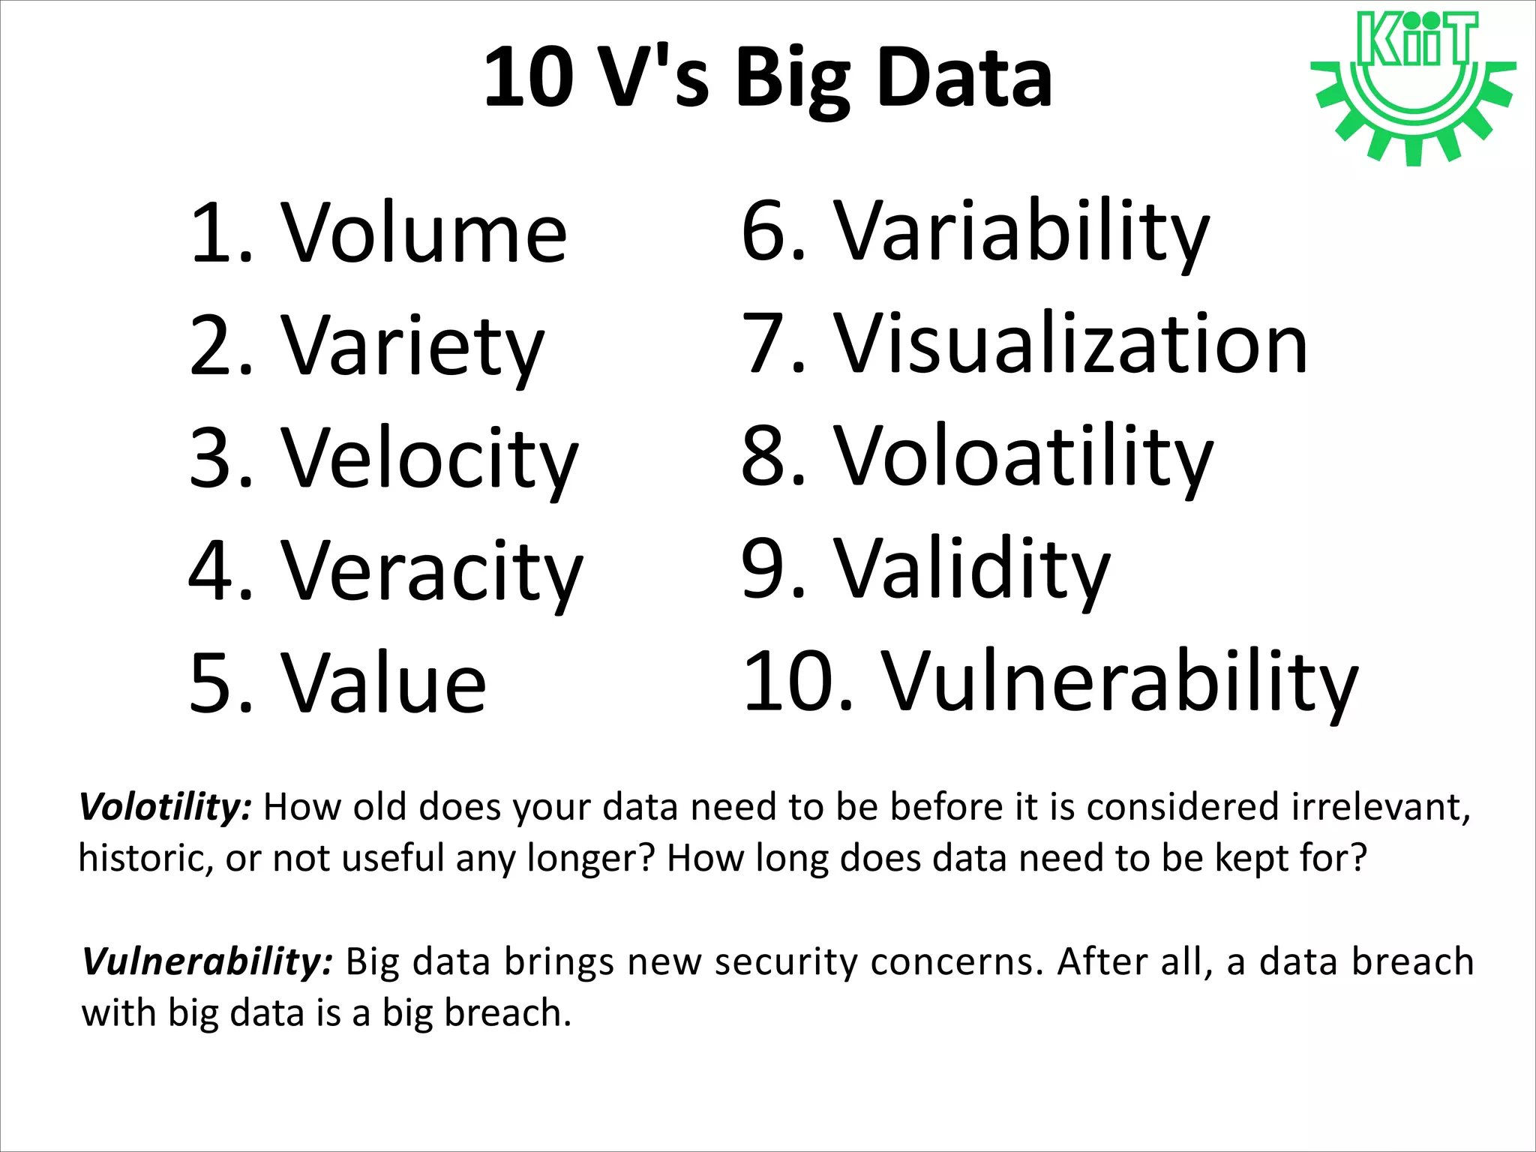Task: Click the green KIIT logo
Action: (1414, 86)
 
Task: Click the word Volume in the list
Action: (424, 234)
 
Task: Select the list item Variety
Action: (412, 346)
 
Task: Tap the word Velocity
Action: (429, 459)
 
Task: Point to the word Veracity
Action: (431, 571)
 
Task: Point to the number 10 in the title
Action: (529, 78)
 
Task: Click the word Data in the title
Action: (965, 78)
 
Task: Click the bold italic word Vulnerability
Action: (207, 962)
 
